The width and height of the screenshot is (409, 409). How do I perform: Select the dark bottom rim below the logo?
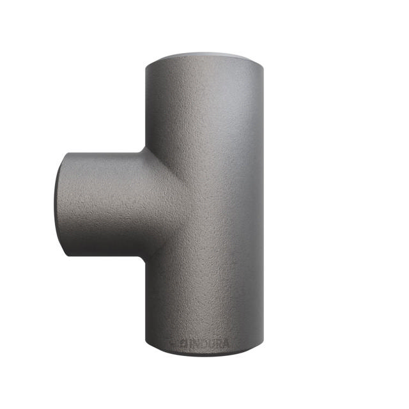[x=203, y=353]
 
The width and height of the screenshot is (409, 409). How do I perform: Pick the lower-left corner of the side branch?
[x=66, y=255]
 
